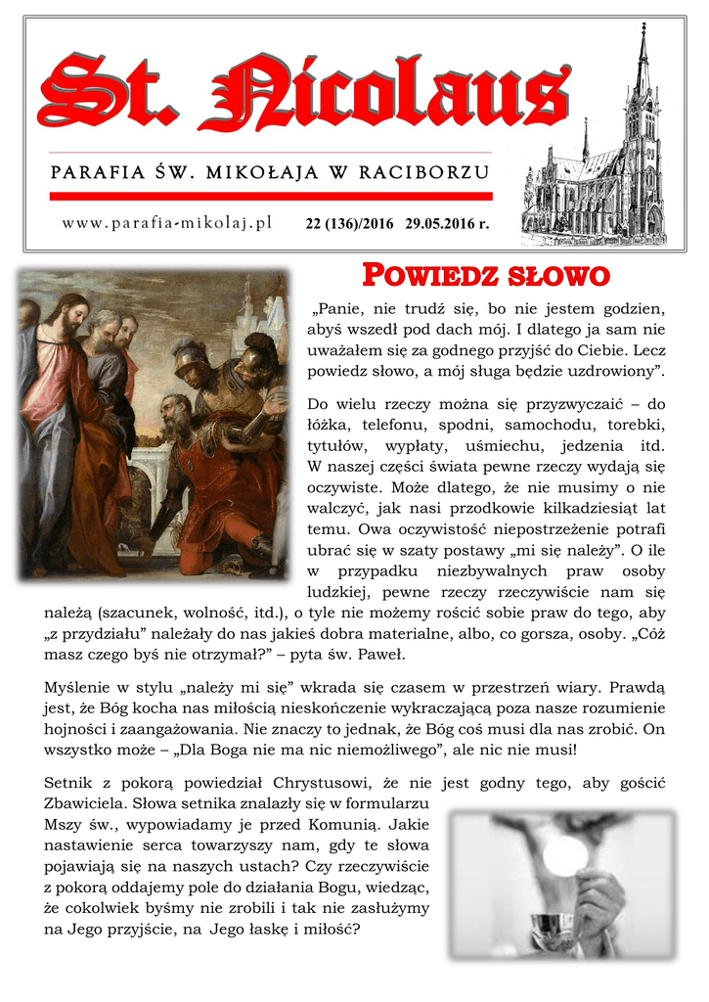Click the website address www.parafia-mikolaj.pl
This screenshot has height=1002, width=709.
click(166, 223)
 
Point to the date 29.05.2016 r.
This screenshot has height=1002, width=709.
click(447, 224)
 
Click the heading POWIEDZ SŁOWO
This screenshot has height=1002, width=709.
click(486, 276)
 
